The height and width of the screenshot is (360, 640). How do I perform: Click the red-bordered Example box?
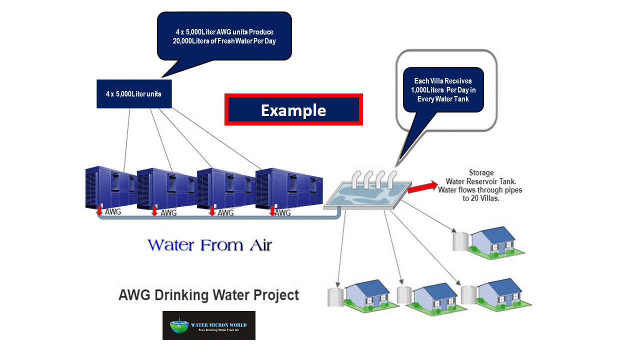(293, 109)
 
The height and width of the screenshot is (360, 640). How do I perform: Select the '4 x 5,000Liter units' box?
(133, 93)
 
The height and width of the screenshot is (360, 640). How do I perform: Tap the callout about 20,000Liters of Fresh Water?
(224, 36)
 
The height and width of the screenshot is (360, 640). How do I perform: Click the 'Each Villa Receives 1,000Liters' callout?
(442, 90)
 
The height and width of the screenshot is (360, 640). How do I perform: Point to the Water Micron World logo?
(208, 325)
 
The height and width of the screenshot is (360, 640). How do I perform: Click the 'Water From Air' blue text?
(210, 245)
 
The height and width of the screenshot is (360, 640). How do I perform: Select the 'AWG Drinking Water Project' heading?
(208, 294)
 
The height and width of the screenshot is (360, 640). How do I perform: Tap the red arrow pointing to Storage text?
(421, 186)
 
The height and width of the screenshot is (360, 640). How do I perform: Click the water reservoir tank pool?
(366, 196)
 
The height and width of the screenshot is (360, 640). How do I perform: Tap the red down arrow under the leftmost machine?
(99, 210)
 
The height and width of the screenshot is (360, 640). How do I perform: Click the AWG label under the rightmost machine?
(283, 213)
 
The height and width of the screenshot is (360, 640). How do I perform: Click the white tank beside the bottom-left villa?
(335, 296)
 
